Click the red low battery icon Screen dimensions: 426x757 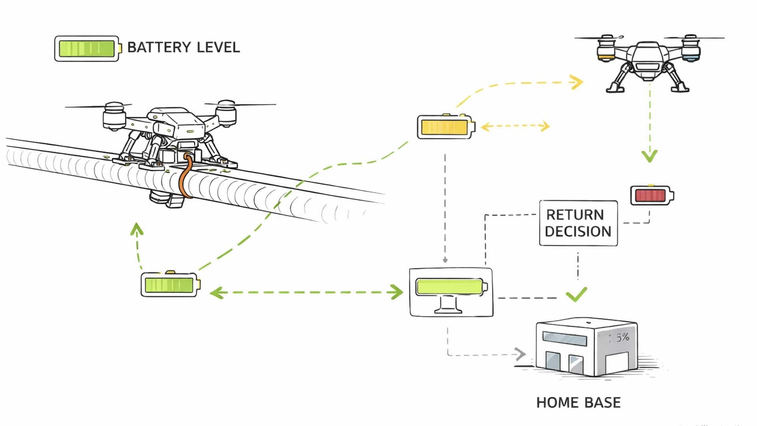click(651, 195)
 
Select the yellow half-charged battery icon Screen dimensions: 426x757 click(445, 127)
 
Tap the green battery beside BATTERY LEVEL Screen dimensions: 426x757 click(87, 49)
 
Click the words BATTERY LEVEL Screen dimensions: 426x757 click(183, 47)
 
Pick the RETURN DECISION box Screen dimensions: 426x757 click(578, 223)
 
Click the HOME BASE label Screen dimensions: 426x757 click(578, 403)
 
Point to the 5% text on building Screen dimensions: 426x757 click(623, 337)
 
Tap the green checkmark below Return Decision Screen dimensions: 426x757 click(576, 294)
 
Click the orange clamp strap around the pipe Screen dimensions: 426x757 click(184, 177)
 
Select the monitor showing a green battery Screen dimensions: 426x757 click(451, 292)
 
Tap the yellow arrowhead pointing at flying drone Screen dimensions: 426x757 click(577, 82)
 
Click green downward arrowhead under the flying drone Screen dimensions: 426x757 click(649, 156)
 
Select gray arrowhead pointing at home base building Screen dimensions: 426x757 click(520, 354)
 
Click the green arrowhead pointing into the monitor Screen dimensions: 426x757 click(395, 292)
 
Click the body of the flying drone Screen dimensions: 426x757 click(647, 59)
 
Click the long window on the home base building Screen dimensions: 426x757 click(565, 339)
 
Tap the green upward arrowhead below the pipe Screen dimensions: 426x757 click(136, 229)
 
